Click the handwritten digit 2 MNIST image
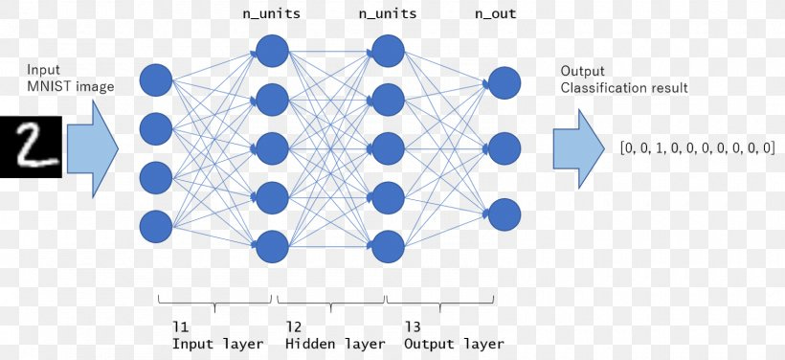[31, 146]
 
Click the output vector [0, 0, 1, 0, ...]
[697, 147]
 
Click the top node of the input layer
[156, 79]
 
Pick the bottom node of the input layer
[156, 227]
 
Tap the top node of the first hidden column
[272, 50]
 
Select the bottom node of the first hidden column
[272, 246]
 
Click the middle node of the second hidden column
[387, 147]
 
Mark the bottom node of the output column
[505, 214]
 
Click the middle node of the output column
[505, 147]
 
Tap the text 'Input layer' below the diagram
[217, 343]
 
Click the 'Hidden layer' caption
[335, 343]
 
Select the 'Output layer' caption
[454, 343]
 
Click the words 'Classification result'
[623, 88]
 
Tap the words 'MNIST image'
[71, 87]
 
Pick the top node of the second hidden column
[387, 50]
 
